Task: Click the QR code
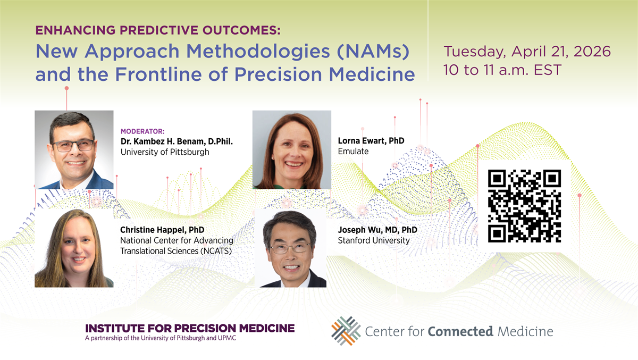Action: click(524, 206)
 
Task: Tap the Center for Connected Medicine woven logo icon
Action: click(346, 331)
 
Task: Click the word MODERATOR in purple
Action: click(142, 131)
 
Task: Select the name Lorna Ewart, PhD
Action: click(371, 141)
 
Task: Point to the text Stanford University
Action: click(374, 240)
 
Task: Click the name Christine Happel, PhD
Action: click(162, 230)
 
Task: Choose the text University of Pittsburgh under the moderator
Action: click(165, 152)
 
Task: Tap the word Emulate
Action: click(353, 151)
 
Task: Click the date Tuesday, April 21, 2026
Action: click(527, 52)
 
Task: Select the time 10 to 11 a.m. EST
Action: click(502, 70)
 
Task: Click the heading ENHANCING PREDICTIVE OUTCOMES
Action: click(158, 30)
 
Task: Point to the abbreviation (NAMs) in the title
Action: click(373, 52)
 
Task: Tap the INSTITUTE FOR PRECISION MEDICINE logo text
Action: click(190, 328)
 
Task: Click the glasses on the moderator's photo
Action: click(73, 146)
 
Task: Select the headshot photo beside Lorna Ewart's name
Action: click(292, 150)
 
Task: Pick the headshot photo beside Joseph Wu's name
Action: click(290, 248)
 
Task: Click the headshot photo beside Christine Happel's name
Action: click(74, 248)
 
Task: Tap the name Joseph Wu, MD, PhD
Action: click(377, 230)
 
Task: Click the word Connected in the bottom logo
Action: click(460, 331)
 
